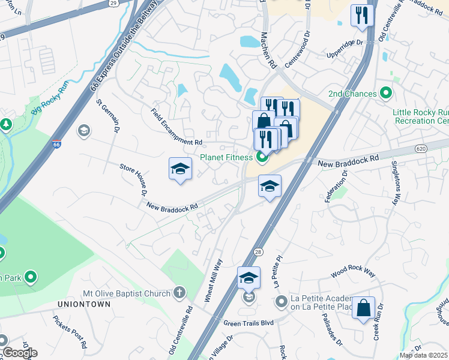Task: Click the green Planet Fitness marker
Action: [261, 158]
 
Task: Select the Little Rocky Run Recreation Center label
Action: [420, 116]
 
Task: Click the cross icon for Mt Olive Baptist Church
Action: [178, 292]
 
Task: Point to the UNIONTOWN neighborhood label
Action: [84, 305]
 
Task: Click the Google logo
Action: [19, 352]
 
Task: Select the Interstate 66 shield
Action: [56, 144]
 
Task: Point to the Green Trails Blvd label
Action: [249, 323]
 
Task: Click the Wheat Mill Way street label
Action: [215, 280]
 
